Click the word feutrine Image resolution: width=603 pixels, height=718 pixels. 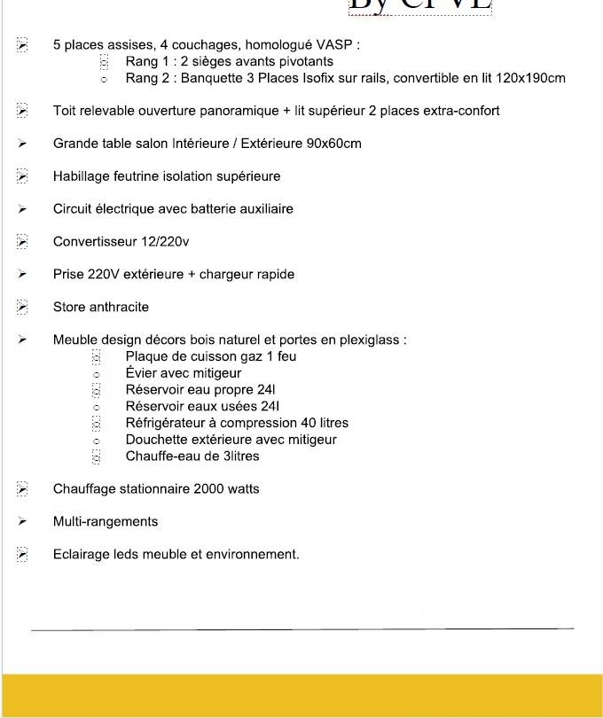tap(132, 176)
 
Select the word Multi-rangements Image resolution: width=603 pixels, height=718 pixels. tap(105, 522)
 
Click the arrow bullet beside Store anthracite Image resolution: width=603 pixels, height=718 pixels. tap(22, 308)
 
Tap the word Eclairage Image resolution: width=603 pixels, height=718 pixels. tap(82, 555)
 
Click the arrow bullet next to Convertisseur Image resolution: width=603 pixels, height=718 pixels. tap(22, 242)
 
